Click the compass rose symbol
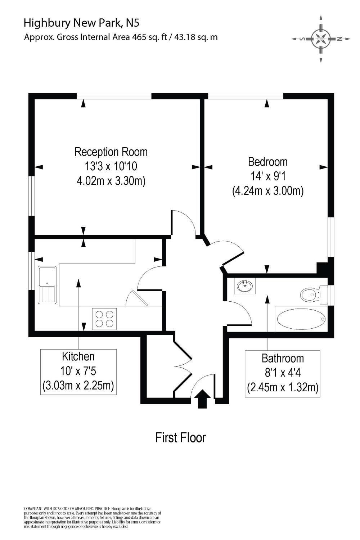coord(321,39)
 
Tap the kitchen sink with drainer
coord(47,285)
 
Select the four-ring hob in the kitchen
coord(104,319)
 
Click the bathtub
coord(301,319)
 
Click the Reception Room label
coord(111,152)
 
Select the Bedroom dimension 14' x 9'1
coord(268,176)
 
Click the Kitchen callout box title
coord(78,356)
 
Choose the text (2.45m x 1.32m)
coord(283,388)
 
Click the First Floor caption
coord(180,438)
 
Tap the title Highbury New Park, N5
coord(81,23)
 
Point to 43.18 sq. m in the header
coord(196,37)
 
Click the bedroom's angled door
coord(232,258)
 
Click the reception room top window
coord(114,96)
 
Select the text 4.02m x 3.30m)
coord(111,180)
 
